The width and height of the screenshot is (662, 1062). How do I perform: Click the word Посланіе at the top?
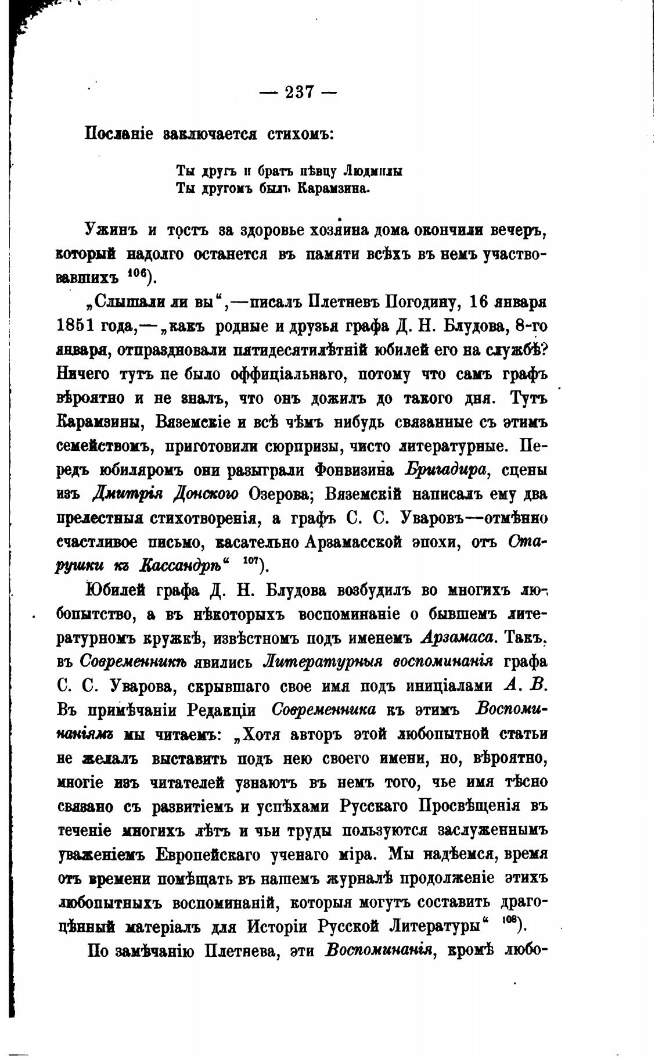[119, 134]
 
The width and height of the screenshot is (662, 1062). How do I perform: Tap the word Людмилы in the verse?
[372, 171]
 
